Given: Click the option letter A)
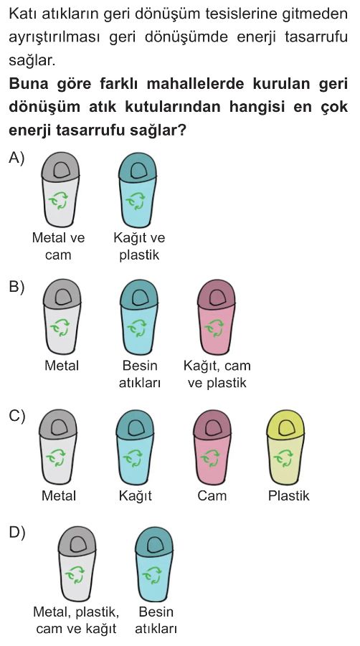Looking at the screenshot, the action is (16, 158).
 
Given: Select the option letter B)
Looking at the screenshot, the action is (16, 288).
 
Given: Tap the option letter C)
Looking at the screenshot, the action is (17, 416).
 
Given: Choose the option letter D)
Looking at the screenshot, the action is (17, 532).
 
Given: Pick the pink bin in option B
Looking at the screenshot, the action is (217, 317).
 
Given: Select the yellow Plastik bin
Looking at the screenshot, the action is (286, 447).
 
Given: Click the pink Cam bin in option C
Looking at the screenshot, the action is (212, 447).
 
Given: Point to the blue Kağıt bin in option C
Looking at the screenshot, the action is (135, 447).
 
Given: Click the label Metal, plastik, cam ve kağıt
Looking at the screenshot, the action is (76, 620).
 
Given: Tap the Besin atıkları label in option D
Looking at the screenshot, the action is (156, 620).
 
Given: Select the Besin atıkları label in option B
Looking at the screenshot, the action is (140, 374).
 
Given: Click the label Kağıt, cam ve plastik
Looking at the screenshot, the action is (217, 374).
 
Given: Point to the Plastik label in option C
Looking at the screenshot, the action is (288, 495).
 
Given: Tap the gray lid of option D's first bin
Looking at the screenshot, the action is (77, 541).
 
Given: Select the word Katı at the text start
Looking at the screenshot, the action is (21, 14).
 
